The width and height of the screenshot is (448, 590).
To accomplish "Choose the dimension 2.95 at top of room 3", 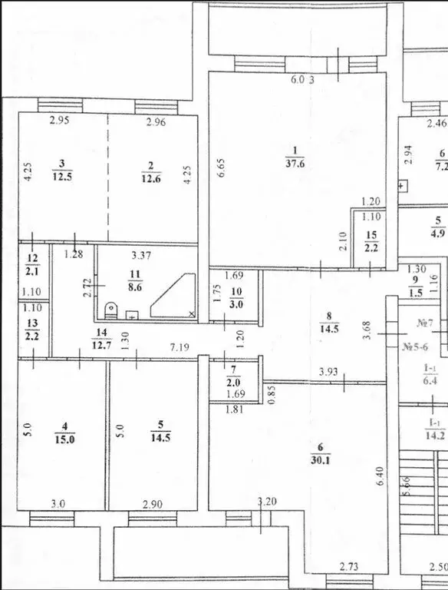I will [59, 121].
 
